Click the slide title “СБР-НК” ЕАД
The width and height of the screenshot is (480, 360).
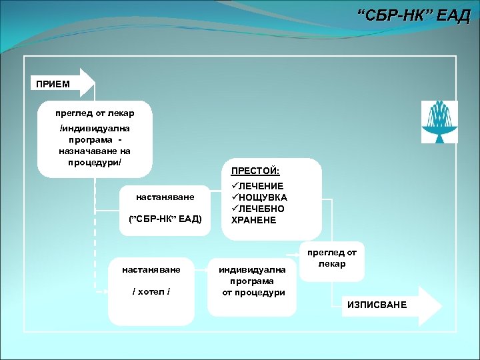click(x=413, y=15)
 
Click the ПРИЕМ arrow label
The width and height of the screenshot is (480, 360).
click(x=53, y=83)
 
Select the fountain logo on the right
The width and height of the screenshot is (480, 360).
click(x=439, y=119)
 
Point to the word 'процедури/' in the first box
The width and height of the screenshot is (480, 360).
click(x=95, y=163)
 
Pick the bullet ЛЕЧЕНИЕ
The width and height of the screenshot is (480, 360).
click(x=261, y=186)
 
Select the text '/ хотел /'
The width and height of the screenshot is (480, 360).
click(x=151, y=291)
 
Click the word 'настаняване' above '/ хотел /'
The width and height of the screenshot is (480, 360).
click(x=151, y=269)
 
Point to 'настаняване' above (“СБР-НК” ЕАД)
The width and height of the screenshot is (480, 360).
click(x=165, y=197)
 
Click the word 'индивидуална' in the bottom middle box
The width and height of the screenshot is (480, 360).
click(x=253, y=269)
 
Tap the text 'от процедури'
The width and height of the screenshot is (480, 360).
click(x=253, y=293)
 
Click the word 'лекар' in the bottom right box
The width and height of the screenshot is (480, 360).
click(x=331, y=264)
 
